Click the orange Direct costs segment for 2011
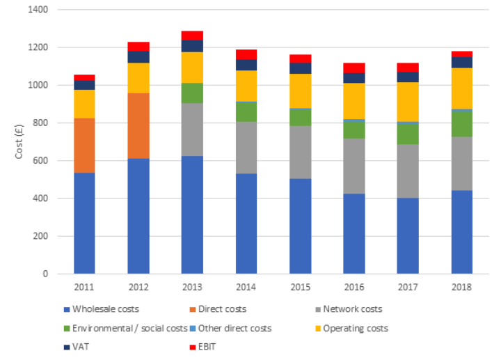84,146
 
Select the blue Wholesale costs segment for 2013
192,214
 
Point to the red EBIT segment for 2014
246,54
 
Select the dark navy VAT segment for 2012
138,57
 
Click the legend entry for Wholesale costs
104,309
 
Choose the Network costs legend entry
348,309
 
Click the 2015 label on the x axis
300,287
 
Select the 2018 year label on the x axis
461,287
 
